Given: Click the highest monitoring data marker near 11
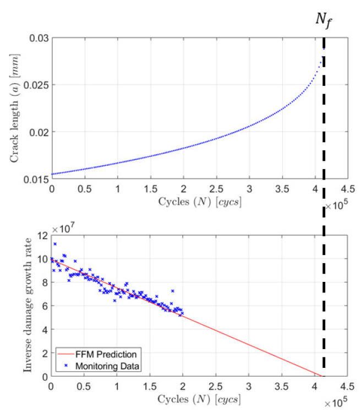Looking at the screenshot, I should (54, 244).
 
